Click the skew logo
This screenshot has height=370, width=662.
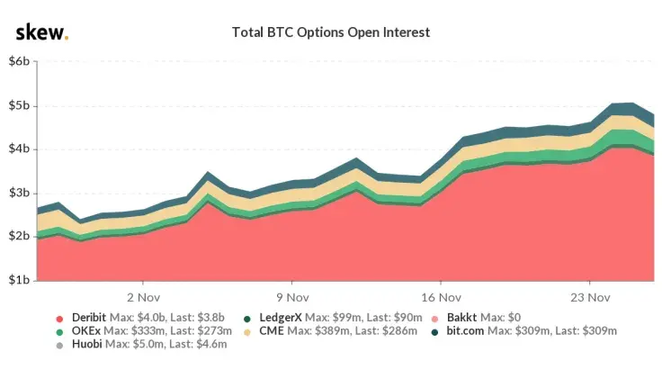[40, 32]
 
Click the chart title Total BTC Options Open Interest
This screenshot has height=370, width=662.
[331, 32]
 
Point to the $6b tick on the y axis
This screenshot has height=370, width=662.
[20, 62]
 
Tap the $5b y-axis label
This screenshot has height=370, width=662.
[20, 106]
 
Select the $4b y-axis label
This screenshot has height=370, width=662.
[20, 149]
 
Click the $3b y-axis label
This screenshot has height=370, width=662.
[20, 194]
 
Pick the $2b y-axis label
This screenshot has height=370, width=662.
[20, 237]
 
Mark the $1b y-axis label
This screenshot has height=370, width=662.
[20, 281]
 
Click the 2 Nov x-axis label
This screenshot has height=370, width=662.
[143, 296]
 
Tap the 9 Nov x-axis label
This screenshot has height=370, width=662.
[292, 296]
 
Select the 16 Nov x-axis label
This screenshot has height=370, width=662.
[442, 296]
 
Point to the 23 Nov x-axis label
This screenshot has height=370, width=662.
[591, 296]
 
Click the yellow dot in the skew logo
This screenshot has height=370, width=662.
[65, 38]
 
